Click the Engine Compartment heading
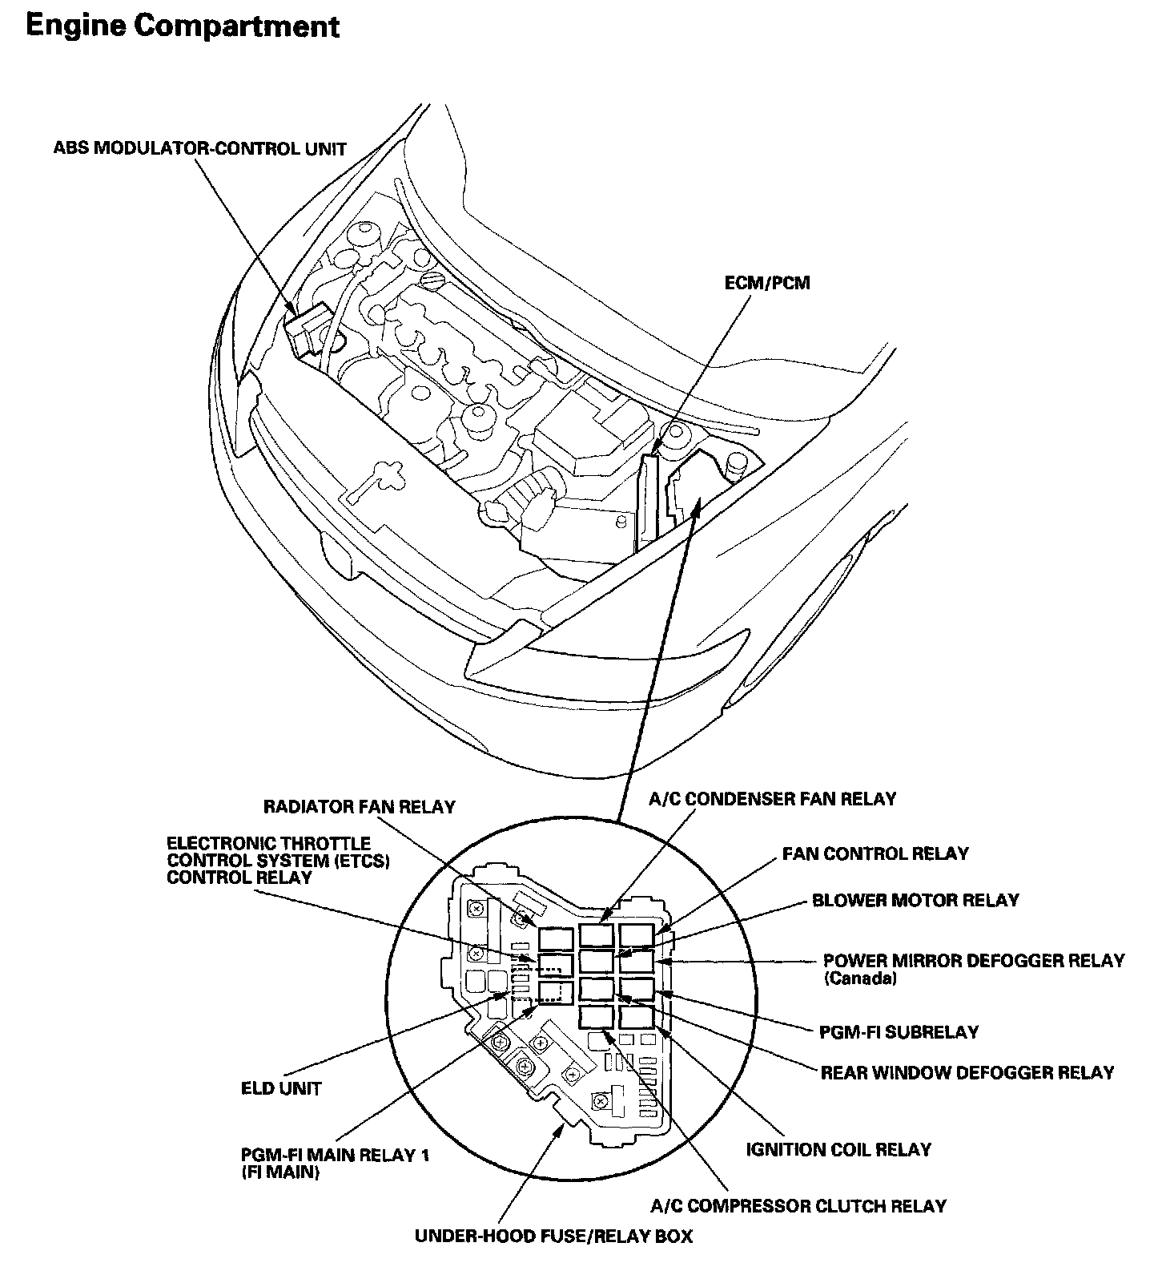(183, 26)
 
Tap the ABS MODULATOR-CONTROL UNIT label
(200, 149)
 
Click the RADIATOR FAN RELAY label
(360, 807)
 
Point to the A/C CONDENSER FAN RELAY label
(773, 799)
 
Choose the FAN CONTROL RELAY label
(875, 853)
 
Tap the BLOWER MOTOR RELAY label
(915, 900)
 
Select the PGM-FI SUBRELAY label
(899, 1032)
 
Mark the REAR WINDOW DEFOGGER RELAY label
(967, 1072)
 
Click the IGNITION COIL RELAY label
(838, 1150)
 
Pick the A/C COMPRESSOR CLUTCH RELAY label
(798, 1206)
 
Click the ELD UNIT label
(281, 1089)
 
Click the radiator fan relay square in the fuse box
(555, 938)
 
